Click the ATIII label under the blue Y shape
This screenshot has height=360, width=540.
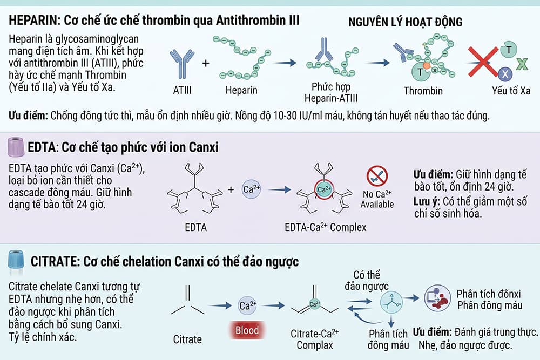182,91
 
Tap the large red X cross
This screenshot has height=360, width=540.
483,62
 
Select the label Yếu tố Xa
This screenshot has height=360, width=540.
511,91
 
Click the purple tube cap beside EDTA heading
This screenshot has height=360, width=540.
16,147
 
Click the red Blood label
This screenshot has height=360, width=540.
247,330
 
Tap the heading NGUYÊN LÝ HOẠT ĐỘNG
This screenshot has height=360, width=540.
406,22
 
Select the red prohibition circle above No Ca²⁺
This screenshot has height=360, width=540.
377,176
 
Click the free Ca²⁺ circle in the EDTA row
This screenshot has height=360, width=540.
251,189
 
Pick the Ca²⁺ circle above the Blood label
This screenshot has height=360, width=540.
248,305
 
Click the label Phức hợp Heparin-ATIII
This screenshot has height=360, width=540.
331,92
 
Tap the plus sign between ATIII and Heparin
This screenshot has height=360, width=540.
206,63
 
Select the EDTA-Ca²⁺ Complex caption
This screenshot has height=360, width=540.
326,227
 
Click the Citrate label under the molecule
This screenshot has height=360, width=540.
187,339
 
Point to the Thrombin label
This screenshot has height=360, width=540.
423,91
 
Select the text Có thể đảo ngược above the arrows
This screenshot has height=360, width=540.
367,281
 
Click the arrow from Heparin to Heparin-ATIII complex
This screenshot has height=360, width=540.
285,63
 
